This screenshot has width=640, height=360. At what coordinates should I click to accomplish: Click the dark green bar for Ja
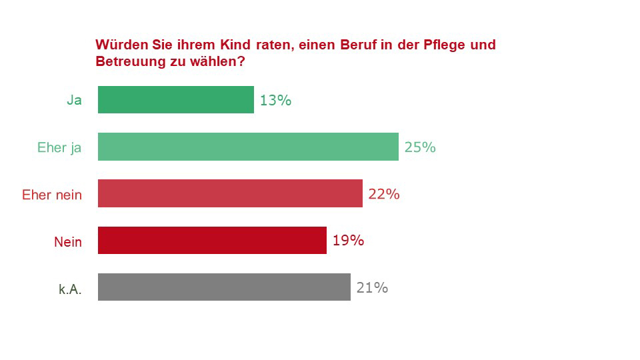click(176, 100)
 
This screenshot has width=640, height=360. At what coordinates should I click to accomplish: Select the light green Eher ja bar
click(248, 147)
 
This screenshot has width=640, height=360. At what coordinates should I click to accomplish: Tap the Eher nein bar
click(230, 193)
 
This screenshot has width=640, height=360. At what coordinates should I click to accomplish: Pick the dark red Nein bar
click(212, 240)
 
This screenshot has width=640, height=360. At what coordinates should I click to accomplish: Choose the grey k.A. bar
click(224, 287)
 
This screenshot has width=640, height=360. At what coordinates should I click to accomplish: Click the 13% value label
click(275, 101)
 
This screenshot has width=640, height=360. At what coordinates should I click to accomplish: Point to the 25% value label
click(420, 147)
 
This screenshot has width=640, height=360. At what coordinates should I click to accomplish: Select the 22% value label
click(384, 194)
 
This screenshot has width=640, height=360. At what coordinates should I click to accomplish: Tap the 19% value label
click(348, 241)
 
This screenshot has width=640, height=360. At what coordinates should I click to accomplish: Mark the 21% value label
click(372, 288)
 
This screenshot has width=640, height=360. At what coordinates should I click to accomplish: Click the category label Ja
click(74, 101)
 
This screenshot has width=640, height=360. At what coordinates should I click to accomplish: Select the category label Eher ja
click(59, 148)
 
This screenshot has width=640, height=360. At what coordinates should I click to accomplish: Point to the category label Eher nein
click(52, 195)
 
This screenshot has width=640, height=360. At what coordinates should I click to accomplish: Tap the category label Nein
click(68, 241)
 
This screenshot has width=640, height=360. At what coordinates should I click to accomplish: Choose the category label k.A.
click(70, 289)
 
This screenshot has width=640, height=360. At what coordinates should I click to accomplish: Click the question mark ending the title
click(241, 62)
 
